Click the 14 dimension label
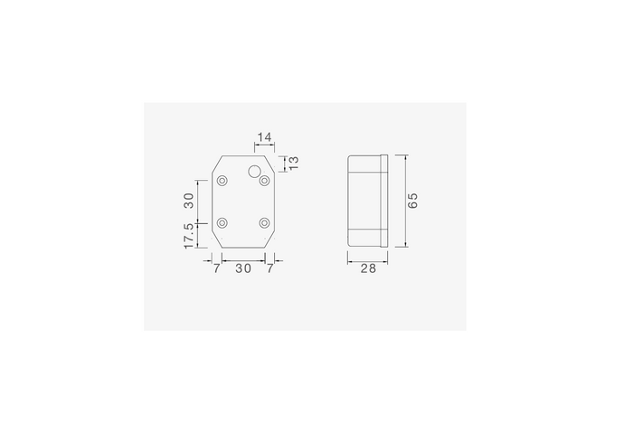click(x=264, y=137)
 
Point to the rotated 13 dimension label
click(x=294, y=162)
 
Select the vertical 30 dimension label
click(x=188, y=201)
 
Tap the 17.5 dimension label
click(x=188, y=236)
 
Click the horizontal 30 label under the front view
click(x=243, y=268)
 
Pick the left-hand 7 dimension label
click(x=217, y=268)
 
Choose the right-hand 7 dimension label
click(x=270, y=268)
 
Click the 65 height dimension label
click(x=412, y=201)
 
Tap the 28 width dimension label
click(x=368, y=268)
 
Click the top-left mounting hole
click(x=222, y=181)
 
